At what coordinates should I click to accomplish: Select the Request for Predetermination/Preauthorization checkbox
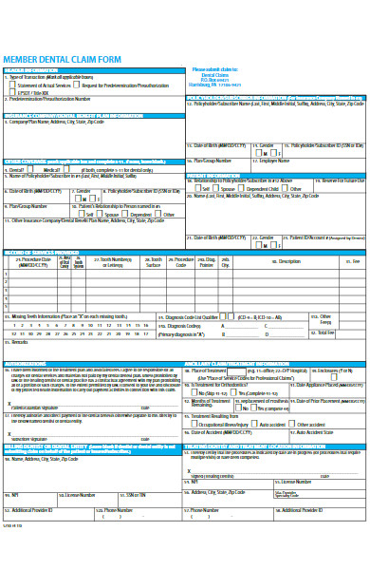coord(77,85)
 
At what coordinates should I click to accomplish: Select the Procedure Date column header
coord(37,261)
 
